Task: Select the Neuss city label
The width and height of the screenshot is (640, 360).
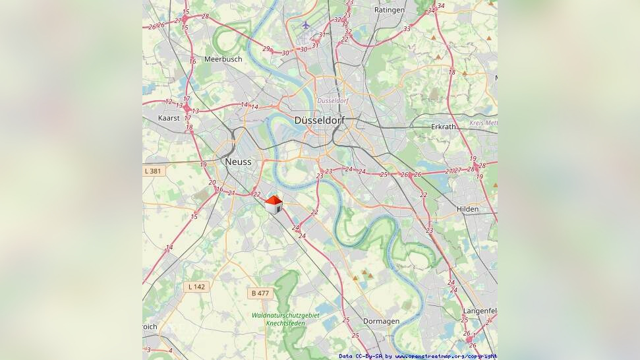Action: pos(237,162)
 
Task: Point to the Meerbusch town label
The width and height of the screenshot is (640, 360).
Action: pos(223,59)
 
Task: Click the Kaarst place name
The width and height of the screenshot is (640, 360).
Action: pos(169,117)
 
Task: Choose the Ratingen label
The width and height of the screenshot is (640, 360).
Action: pos(389,10)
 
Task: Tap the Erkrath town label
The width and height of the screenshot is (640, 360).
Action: pos(443,127)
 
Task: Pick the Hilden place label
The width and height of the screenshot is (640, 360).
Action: pos(467,209)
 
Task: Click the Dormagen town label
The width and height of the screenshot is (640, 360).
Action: pos(381,321)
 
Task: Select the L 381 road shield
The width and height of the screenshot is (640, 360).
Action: pos(152,171)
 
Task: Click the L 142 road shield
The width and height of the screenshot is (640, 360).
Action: pos(196,286)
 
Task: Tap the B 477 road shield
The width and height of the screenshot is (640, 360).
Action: pos(260,293)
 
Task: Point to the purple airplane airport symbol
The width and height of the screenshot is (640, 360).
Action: pos(305,25)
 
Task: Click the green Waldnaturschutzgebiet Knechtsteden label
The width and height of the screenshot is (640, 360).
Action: pos(285,319)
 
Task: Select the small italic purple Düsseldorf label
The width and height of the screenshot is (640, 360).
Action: pos(332,100)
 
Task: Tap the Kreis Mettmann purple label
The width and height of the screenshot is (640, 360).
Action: pos(484,123)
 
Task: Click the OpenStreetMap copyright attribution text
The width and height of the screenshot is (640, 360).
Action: pos(418,356)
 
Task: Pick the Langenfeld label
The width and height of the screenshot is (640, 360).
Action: pos(480,310)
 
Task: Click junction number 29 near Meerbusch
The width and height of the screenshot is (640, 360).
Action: pos(266,49)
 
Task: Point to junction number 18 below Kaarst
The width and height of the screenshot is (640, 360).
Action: pos(189,127)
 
